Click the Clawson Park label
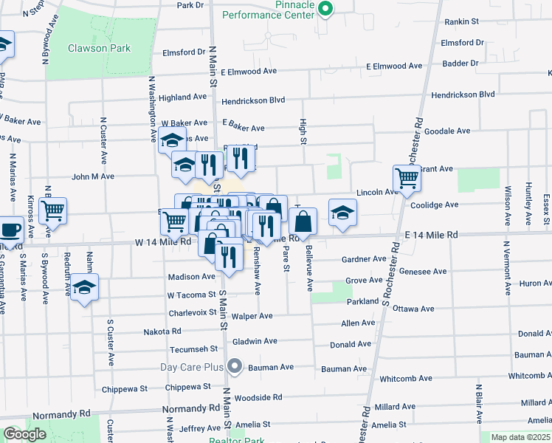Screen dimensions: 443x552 [99, 49]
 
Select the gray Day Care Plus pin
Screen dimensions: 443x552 [235, 365]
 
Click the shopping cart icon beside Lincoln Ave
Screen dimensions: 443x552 [407, 179]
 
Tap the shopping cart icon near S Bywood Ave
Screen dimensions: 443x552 [52, 211]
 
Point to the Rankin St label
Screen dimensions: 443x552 [463, 22]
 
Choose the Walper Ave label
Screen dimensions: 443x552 [252, 316]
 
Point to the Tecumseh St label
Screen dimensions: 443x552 [193, 348]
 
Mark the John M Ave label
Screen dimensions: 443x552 [93, 176]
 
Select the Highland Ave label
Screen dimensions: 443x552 [182, 97]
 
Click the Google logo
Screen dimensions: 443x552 [25, 434]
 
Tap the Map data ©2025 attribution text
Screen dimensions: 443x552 [520, 437]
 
